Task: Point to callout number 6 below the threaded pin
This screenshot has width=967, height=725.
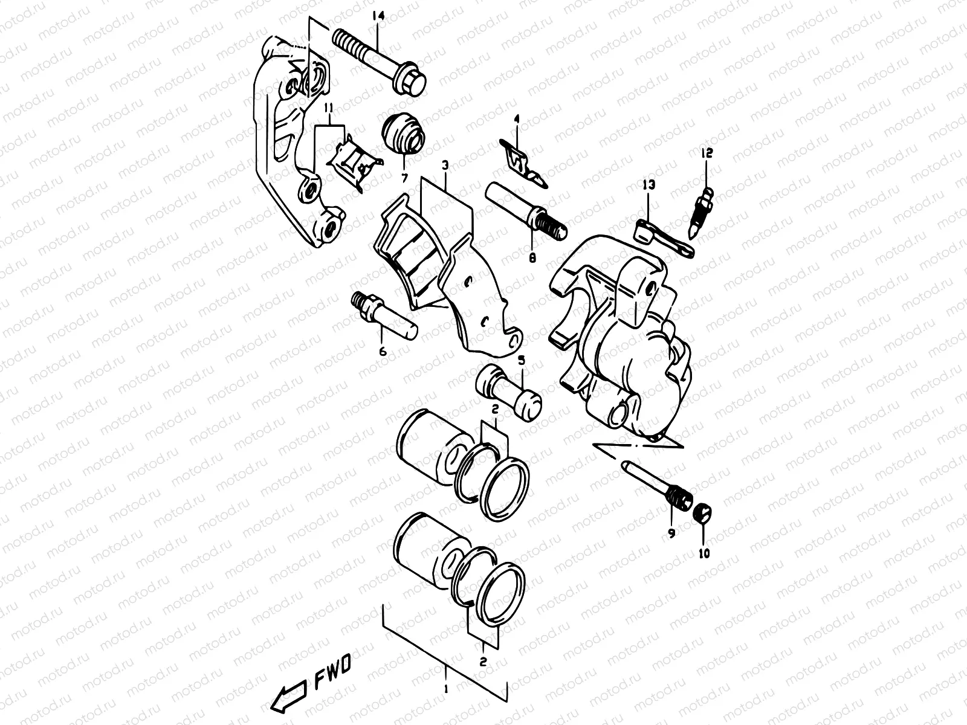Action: point(383,351)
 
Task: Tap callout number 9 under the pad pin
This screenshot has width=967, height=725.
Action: point(671,533)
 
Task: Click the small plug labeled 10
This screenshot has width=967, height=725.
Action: point(703,515)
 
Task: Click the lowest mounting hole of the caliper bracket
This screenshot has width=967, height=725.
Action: point(331,228)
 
